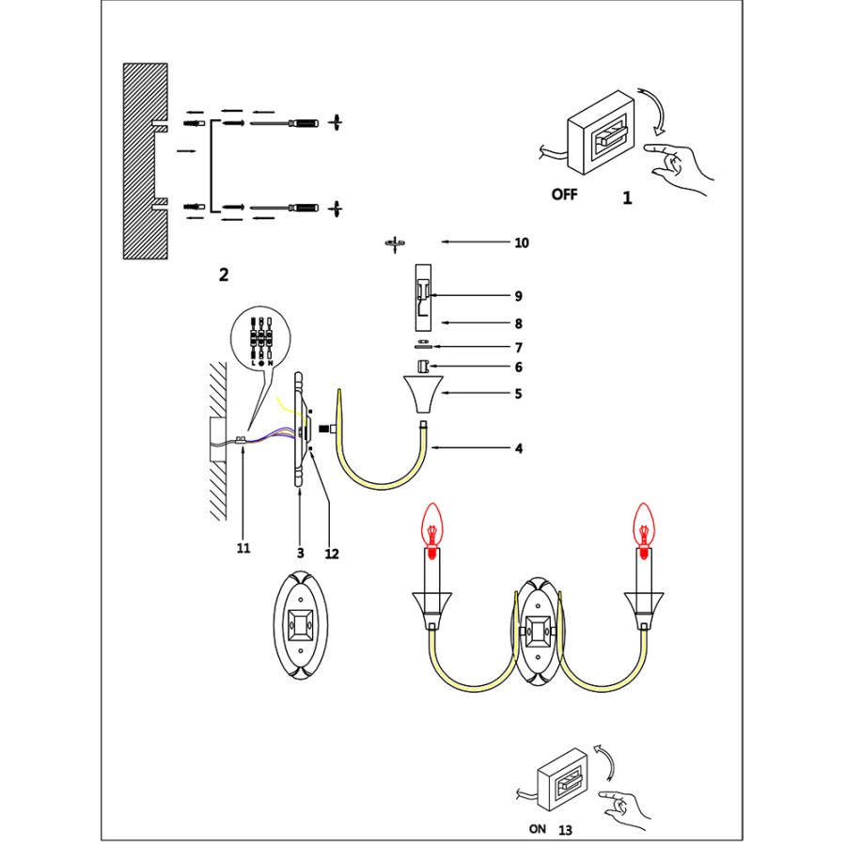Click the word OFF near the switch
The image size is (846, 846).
tap(564, 196)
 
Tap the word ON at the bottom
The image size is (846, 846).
tap(537, 830)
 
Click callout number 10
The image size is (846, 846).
tap(522, 243)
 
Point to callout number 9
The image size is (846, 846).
tap(518, 295)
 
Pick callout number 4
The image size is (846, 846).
tap(518, 448)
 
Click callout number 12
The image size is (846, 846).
tap(331, 554)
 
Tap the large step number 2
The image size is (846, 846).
tap(223, 274)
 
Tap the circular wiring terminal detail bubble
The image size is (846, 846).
tap(259, 335)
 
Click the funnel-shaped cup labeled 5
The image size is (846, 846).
tap(422, 395)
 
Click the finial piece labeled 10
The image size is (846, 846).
tap(396, 244)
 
